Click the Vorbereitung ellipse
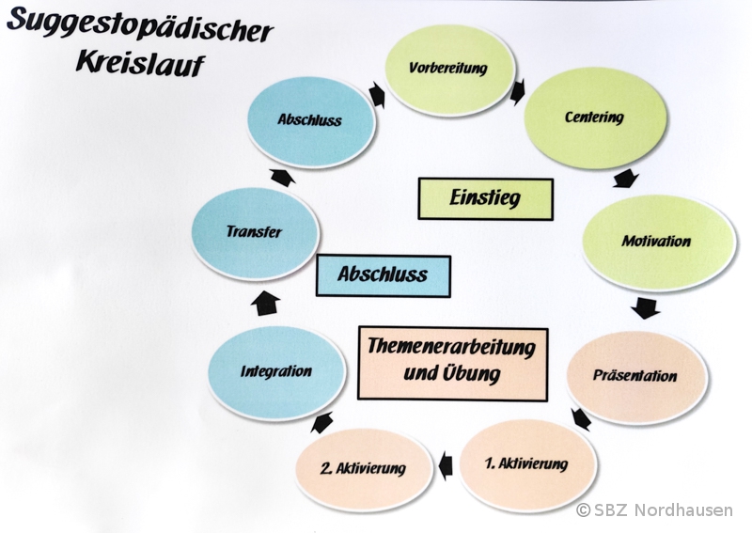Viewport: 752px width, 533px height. click(x=452, y=68)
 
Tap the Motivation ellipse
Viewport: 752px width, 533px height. click(x=656, y=242)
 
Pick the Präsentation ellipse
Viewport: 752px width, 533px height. click(x=635, y=375)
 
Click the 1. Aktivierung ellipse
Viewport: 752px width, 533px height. click(x=526, y=464)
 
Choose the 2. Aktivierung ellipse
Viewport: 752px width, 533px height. click(x=362, y=467)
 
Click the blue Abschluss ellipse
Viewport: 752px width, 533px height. click(x=309, y=120)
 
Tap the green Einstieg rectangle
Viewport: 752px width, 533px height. click(x=485, y=198)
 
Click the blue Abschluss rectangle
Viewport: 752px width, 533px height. click(x=383, y=274)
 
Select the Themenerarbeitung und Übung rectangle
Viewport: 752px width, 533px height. click(x=452, y=362)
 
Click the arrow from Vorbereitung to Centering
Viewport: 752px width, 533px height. click(x=518, y=90)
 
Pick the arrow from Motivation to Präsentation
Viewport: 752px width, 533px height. click(x=645, y=307)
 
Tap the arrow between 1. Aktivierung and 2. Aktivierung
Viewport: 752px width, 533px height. click(x=445, y=462)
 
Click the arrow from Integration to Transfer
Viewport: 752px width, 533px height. click(x=268, y=302)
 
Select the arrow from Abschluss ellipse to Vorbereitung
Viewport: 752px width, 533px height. click(x=378, y=95)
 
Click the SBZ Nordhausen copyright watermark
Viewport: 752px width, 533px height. click(x=656, y=509)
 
